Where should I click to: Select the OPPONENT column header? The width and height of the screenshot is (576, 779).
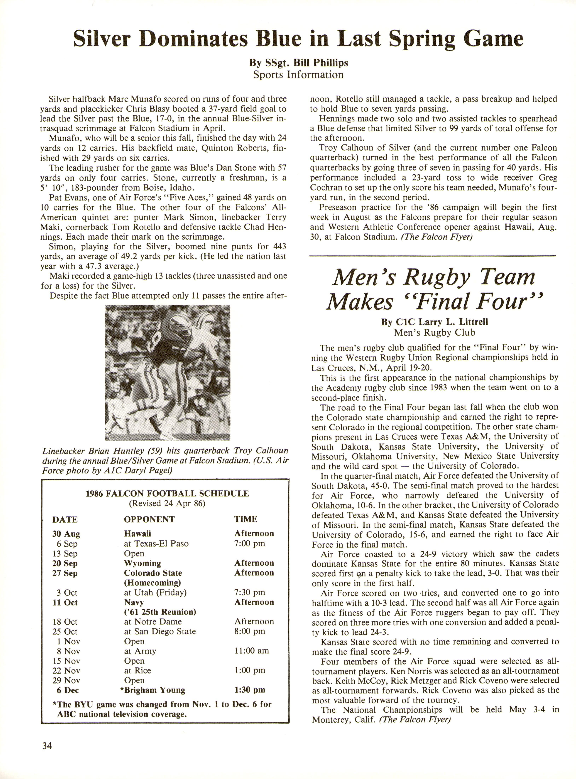pos(149,519)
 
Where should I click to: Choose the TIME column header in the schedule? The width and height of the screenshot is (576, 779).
pos(245,519)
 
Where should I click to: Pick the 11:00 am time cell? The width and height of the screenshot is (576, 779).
pos(251,651)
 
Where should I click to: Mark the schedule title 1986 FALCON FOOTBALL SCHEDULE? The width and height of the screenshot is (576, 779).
pos(167,494)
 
